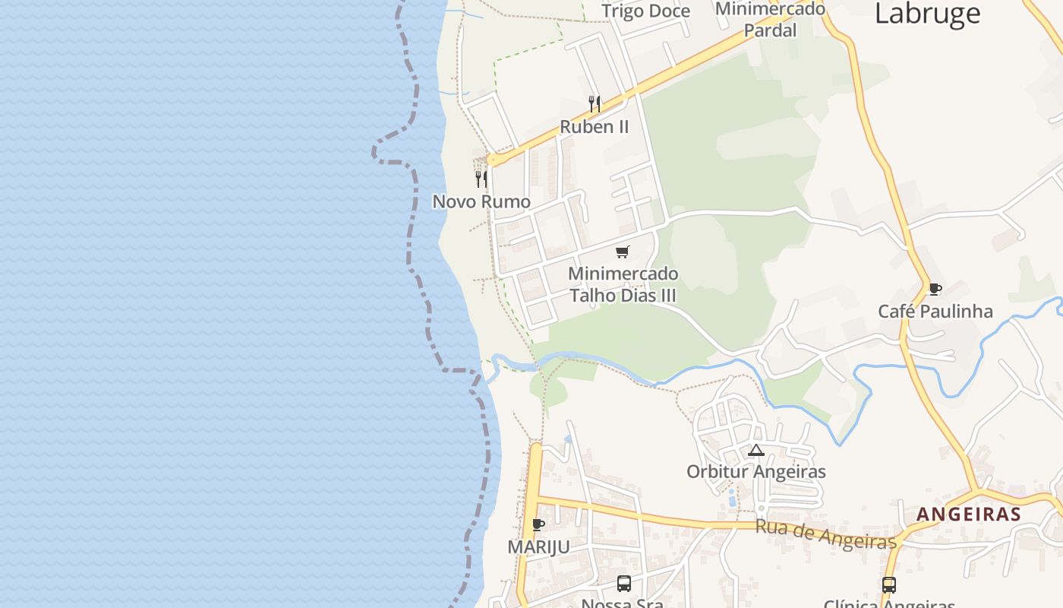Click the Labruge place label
click(927, 13)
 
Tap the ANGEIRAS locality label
click(968, 515)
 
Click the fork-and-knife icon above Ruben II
click(595, 104)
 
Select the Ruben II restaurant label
click(595, 127)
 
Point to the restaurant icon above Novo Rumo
click(481, 179)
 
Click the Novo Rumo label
click(481, 201)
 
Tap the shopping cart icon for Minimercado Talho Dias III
click(623, 252)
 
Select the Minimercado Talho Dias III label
click(623, 284)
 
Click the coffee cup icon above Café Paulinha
click(935, 290)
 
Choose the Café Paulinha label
click(935, 312)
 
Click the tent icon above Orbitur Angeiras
click(755, 450)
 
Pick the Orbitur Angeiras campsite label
click(755, 472)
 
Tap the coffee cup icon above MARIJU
click(538, 525)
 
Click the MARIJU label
click(538, 548)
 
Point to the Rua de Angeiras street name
click(825, 534)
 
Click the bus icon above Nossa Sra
click(624, 584)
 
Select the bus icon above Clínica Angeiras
click(889, 585)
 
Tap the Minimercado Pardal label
click(770, 20)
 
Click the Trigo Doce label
click(645, 11)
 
